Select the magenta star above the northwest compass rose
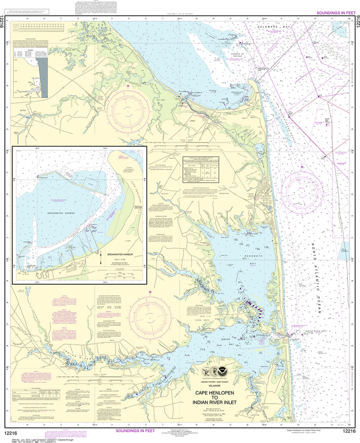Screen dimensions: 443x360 pos(128,87)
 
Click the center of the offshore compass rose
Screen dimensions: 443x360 pos(302,187)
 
